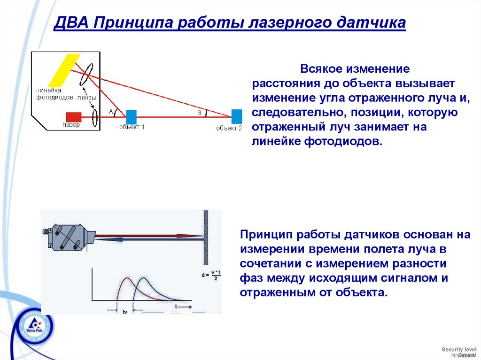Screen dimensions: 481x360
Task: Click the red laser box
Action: [x=74, y=117]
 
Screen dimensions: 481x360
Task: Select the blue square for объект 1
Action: [x=132, y=116]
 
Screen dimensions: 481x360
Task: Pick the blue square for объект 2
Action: [x=237, y=116]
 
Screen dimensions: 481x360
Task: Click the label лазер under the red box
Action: [x=71, y=125]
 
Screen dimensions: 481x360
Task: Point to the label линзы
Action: [x=87, y=98]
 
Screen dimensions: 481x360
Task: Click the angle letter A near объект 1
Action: [x=111, y=111]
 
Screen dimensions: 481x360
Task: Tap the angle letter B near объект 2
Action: [x=199, y=113]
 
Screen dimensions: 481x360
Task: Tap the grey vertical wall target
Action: [x=206, y=237]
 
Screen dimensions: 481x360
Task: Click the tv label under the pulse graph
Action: [x=124, y=311]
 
